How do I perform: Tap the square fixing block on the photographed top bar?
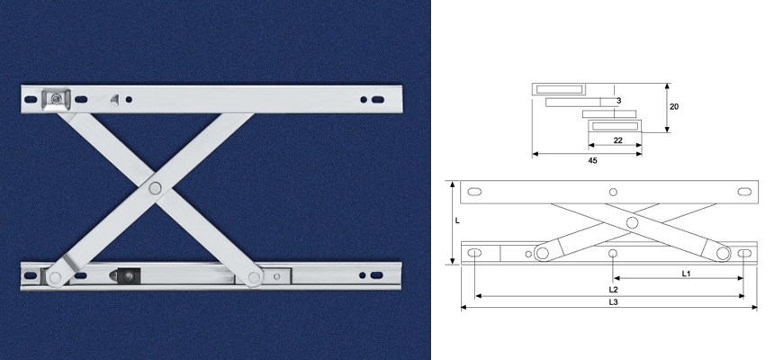pyautogui.click(x=57, y=97)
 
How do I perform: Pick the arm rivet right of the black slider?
pyautogui.click(x=254, y=277)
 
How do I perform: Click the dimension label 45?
pyautogui.click(x=592, y=160)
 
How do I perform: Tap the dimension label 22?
pyautogui.click(x=618, y=140)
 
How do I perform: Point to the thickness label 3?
pyautogui.click(x=619, y=102)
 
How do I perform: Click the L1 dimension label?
pyautogui.click(x=686, y=272)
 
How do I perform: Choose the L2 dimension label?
pyautogui.click(x=613, y=290)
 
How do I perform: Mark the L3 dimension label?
pyautogui.click(x=613, y=302)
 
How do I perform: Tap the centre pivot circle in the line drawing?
pyautogui.click(x=632, y=222)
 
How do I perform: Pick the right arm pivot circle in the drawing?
pyautogui.click(x=724, y=254)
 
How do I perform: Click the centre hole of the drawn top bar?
pyautogui.click(x=613, y=192)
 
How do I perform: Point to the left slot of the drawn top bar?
pyautogui.click(x=476, y=191)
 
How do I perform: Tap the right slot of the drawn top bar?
pyautogui.click(x=744, y=191)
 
